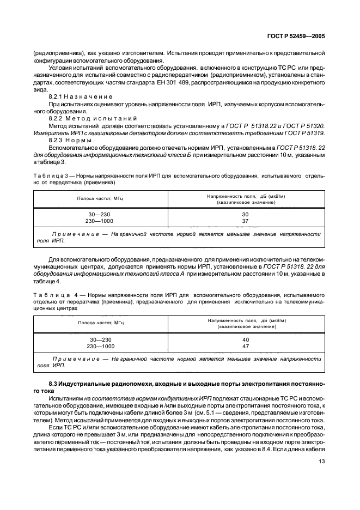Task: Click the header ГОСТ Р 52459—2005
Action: [297, 37]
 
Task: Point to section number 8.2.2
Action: [57, 118]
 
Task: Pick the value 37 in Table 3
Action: [245, 221]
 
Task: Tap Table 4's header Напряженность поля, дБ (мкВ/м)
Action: [245, 320]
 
